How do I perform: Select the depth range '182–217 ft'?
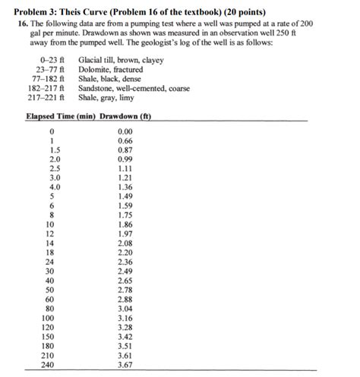tap(44, 88)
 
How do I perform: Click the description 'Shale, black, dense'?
tap(110, 78)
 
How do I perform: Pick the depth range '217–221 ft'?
tap(44, 98)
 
